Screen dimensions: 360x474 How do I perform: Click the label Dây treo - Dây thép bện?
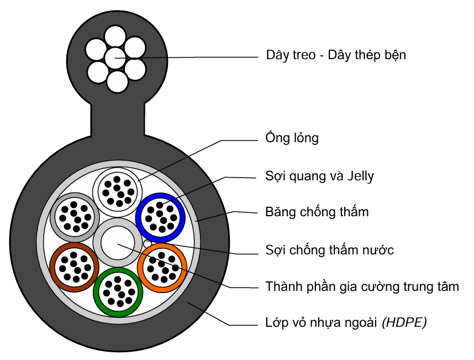[x=336, y=55]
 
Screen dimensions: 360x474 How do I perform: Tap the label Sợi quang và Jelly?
[x=319, y=176]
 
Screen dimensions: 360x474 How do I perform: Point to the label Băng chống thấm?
[x=317, y=212]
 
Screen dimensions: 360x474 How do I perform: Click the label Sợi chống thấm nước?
[x=329, y=250]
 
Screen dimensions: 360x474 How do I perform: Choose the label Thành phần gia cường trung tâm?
[x=362, y=286]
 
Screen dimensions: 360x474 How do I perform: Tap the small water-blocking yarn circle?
[x=146, y=242]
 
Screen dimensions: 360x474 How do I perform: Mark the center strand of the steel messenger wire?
[x=116, y=56]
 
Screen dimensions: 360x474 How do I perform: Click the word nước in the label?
[x=379, y=250]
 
